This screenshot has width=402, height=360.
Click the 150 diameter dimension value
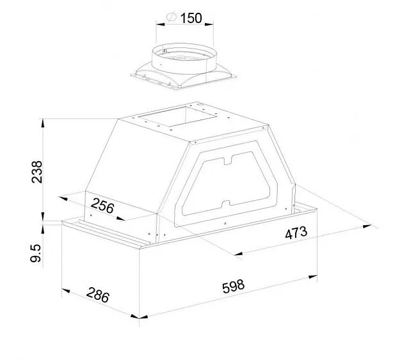click(191, 18)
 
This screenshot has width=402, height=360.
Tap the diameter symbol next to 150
click(172, 17)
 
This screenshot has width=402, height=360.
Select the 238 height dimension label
click(37, 171)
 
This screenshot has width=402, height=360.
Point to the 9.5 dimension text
click(36, 253)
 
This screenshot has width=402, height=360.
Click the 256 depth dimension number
click(102, 206)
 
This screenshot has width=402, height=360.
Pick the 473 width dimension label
click(296, 233)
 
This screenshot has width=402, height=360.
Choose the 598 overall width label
click(233, 286)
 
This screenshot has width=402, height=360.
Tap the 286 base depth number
click(98, 295)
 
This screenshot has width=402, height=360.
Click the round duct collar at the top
click(184, 59)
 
